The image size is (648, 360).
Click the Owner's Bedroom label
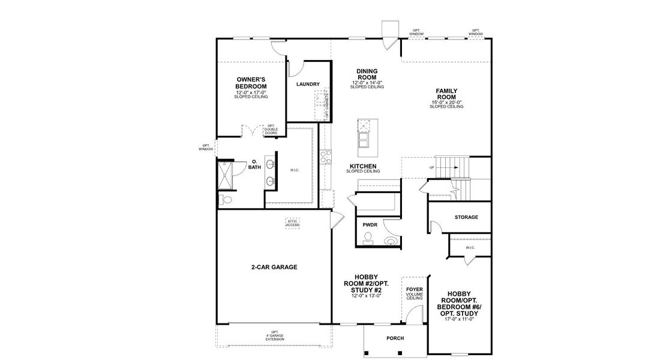point(251,83)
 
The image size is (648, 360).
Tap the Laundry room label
point(308,85)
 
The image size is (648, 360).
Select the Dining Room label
point(367,74)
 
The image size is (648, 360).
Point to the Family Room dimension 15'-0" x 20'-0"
point(447,103)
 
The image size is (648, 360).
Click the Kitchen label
point(364,166)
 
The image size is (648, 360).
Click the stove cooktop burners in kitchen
point(326,157)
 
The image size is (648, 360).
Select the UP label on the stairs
point(431,167)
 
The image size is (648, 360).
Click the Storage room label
point(466,217)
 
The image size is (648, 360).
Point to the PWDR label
point(369,225)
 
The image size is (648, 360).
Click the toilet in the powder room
point(368,241)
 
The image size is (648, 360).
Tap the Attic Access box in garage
point(293,223)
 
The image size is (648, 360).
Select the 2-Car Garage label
point(274,267)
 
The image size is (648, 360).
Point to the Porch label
point(395,338)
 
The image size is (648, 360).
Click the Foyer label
point(415,289)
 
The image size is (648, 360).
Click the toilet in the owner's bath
point(226,199)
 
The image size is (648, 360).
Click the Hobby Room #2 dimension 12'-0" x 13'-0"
point(367,296)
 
